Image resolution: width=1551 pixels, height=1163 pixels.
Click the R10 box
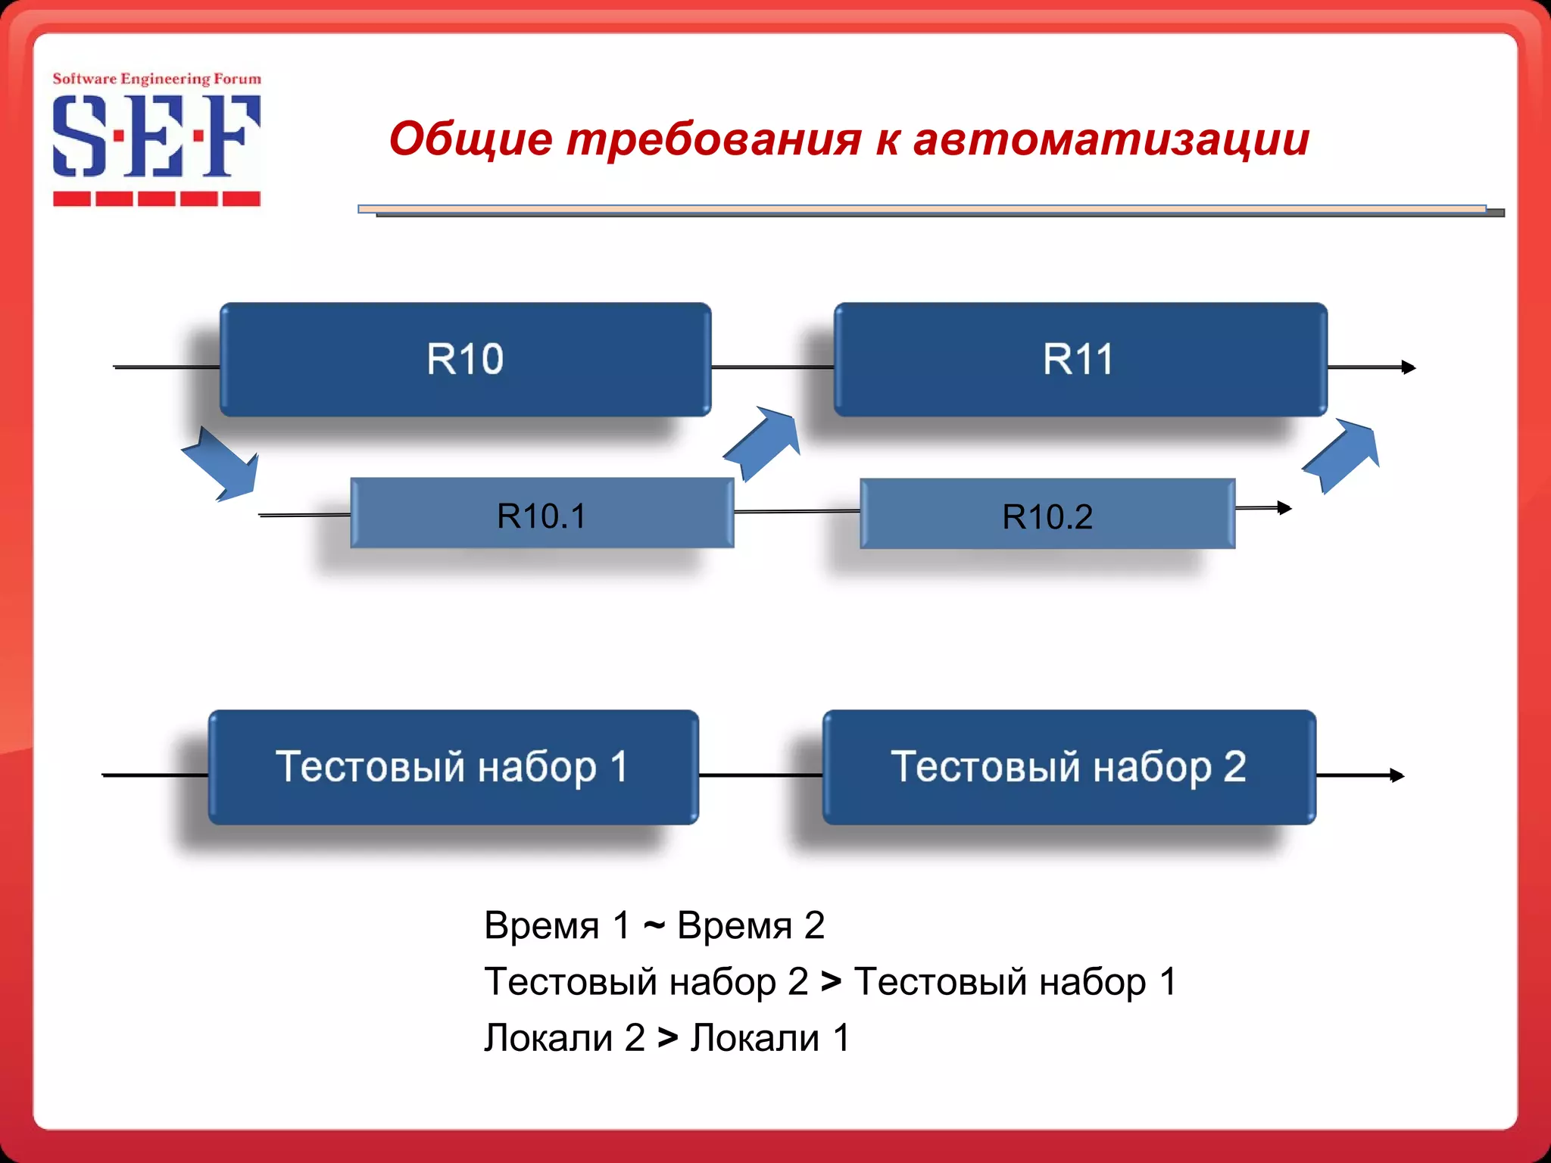(x=465, y=360)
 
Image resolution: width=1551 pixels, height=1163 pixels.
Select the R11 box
(x=1080, y=360)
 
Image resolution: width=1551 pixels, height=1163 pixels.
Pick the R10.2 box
(x=1047, y=514)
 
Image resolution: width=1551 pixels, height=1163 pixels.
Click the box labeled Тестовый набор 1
(x=453, y=767)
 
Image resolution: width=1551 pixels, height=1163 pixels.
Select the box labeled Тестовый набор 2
(x=1069, y=767)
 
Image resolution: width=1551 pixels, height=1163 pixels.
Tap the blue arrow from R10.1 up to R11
(x=763, y=444)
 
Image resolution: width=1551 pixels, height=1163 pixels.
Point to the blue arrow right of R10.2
(x=1342, y=455)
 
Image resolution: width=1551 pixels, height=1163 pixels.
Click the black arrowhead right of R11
(x=1409, y=367)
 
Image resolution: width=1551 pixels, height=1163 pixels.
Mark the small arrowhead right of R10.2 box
(x=1284, y=508)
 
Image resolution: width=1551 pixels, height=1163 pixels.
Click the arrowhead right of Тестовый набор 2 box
(x=1397, y=775)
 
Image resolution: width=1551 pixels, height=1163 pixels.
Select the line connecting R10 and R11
(x=772, y=367)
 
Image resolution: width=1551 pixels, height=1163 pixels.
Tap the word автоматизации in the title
(x=1111, y=140)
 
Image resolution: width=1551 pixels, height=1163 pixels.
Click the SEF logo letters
(x=156, y=136)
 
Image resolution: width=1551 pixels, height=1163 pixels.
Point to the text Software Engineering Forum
(x=156, y=79)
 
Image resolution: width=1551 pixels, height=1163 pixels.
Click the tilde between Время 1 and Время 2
(x=654, y=925)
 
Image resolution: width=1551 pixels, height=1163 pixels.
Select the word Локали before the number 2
(x=548, y=1038)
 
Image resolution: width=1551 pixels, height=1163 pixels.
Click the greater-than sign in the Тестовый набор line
(x=831, y=982)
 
